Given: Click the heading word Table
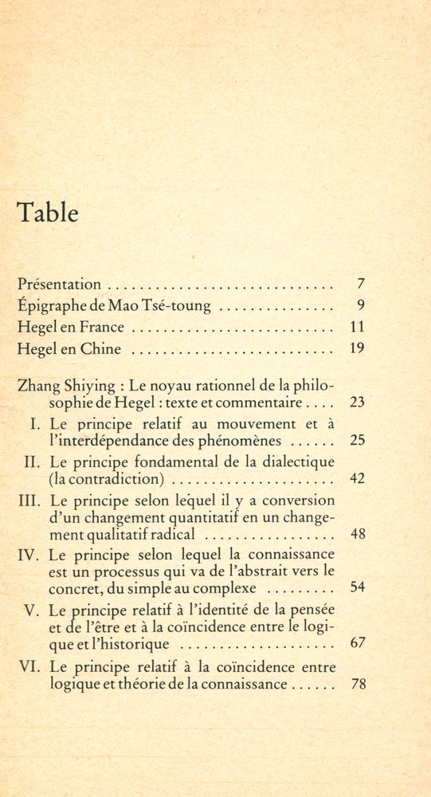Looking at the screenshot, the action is pos(48,213).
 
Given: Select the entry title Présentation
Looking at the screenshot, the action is pos(60,284).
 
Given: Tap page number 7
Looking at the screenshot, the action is pos(361,284).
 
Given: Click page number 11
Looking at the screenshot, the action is pos(357,327).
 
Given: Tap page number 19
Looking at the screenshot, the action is pos(357,348).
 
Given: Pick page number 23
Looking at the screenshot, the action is pos(357,402).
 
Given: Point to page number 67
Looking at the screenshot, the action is pos(357,643).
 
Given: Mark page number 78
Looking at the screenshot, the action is pos(357,683).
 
